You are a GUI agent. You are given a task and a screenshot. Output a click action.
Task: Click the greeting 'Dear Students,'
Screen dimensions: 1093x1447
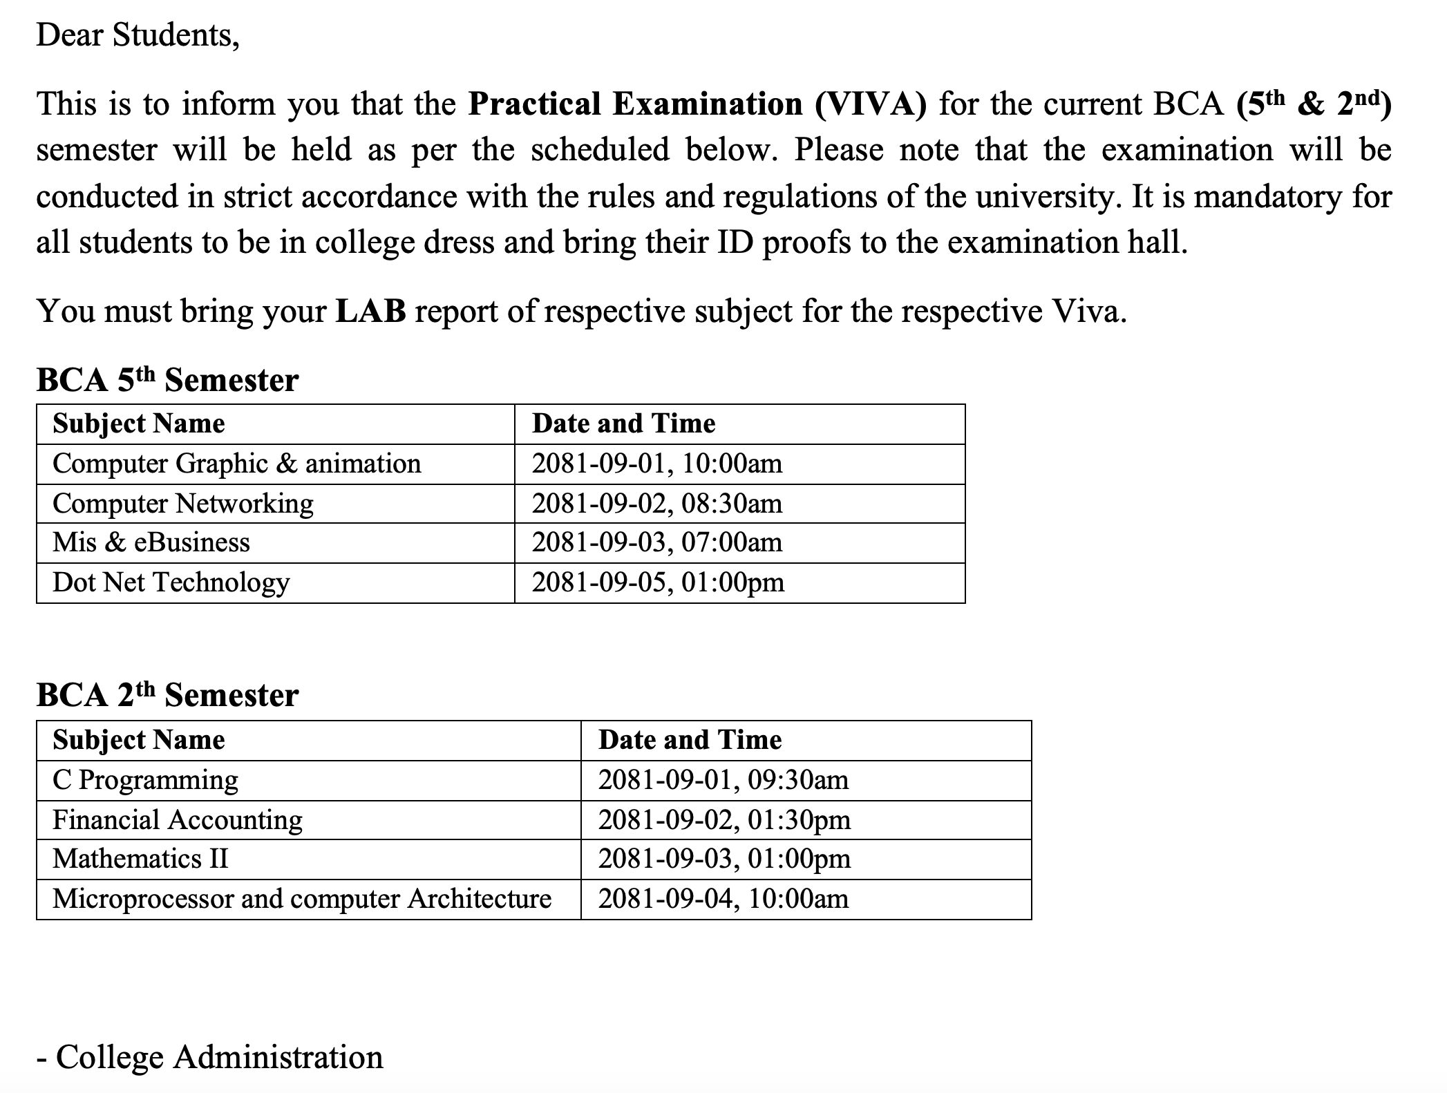click(138, 35)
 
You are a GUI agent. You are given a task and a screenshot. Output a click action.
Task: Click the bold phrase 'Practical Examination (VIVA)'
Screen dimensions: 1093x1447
click(697, 104)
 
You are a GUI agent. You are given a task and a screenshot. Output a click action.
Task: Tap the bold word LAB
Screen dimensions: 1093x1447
click(370, 312)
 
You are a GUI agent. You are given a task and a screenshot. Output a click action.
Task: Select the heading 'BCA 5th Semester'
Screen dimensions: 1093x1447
click(167, 380)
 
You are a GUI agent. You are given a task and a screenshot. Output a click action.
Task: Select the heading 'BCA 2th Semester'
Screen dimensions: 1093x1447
click(167, 695)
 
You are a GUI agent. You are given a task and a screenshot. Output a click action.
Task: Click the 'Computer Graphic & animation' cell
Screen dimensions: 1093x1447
click(236, 464)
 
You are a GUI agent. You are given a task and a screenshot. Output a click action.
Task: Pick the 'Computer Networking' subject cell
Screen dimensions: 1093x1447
click(183, 504)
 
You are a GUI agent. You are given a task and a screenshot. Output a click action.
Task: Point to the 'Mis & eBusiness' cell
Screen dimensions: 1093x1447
click(151, 543)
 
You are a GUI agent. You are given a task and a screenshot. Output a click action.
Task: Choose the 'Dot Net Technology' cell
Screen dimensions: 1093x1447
click(171, 582)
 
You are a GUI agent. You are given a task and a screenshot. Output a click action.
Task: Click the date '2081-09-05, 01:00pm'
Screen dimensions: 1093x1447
click(658, 582)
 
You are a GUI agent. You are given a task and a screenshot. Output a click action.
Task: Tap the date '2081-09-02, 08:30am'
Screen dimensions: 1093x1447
click(657, 504)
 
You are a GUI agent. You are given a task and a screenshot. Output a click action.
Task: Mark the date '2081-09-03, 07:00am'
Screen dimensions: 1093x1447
click(657, 543)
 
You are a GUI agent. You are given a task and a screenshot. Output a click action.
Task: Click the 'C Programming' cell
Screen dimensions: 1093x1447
click(145, 780)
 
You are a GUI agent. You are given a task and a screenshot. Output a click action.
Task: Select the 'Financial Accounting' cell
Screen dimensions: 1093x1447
click(178, 820)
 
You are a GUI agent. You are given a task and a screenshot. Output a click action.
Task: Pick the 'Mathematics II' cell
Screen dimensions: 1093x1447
click(140, 859)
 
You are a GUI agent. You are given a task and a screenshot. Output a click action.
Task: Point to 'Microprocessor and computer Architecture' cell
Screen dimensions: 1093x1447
click(302, 899)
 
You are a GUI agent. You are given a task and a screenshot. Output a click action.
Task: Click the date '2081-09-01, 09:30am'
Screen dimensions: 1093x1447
click(723, 780)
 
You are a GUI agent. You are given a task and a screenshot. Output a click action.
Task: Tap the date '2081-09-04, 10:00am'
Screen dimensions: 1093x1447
click(723, 899)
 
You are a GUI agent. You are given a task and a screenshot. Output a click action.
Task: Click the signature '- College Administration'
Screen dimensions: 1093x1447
click(210, 1057)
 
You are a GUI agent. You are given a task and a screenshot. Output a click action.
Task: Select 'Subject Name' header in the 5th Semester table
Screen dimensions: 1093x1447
click(139, 424)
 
